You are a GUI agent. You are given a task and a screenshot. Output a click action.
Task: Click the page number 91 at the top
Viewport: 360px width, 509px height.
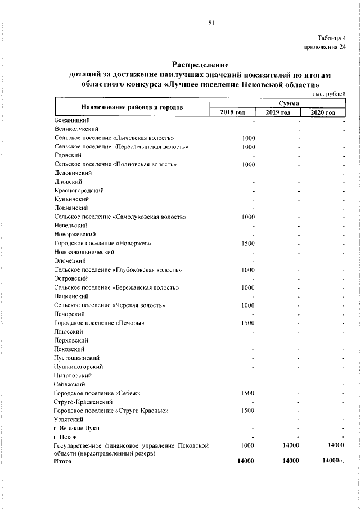point(211,22)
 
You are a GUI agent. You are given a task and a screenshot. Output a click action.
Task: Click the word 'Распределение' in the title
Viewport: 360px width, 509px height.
point(200,65)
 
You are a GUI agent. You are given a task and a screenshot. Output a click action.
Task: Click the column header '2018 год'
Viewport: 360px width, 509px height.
point(232,112)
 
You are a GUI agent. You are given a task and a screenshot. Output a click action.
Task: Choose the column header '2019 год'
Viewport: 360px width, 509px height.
point(277,112)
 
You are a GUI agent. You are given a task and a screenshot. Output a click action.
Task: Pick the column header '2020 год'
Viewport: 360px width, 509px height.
point(323,112)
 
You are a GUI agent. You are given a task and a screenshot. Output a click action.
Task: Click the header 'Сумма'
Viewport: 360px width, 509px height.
point(277,103)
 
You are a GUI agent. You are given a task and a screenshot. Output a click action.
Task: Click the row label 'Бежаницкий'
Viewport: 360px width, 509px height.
point(72,120)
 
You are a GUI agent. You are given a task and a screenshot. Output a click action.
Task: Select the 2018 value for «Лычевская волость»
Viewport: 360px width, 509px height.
point(249,138)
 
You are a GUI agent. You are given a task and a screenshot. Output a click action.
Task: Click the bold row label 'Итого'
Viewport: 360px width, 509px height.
point(63,461)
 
